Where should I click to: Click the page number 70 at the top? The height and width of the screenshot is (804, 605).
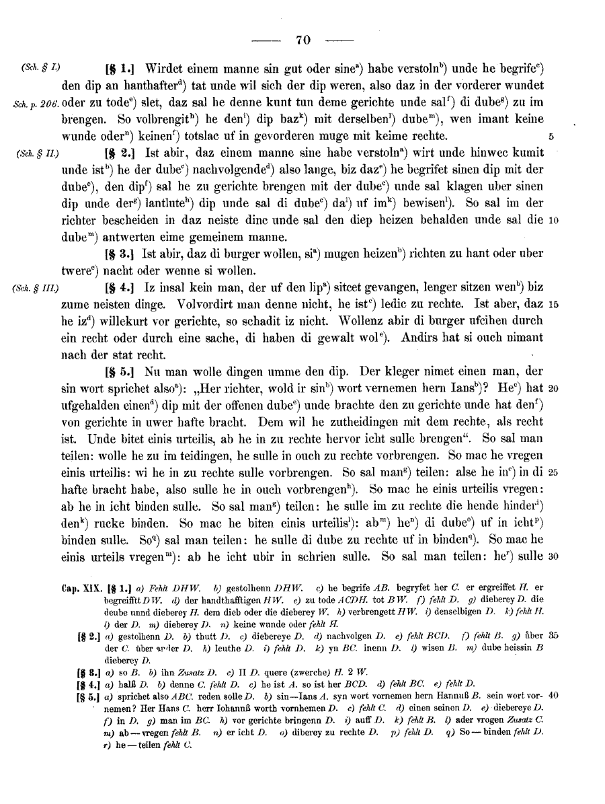tap(302, 40)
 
